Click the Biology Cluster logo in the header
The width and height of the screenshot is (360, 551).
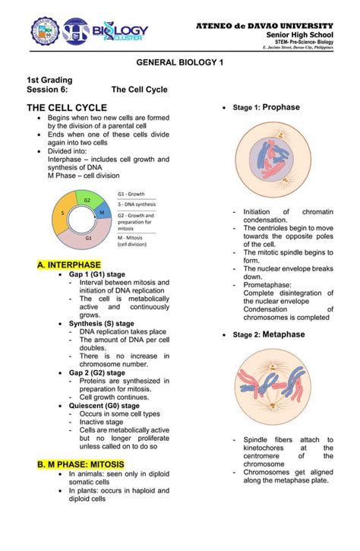[120, 33]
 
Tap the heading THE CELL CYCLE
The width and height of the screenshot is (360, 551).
[67, 108]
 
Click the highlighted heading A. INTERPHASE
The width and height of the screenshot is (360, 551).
[69, 264]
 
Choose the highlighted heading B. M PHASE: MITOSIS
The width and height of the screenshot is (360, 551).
[81, 464]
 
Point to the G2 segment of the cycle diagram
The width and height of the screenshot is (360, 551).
[87, 201]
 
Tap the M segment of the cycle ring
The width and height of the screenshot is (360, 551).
[101, 214]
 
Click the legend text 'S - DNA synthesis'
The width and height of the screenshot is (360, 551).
[137, 204]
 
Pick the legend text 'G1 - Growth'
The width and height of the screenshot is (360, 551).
[131, 195]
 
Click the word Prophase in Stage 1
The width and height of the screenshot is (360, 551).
[281, 108]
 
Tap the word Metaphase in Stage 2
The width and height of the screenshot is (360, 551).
[283, 334]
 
